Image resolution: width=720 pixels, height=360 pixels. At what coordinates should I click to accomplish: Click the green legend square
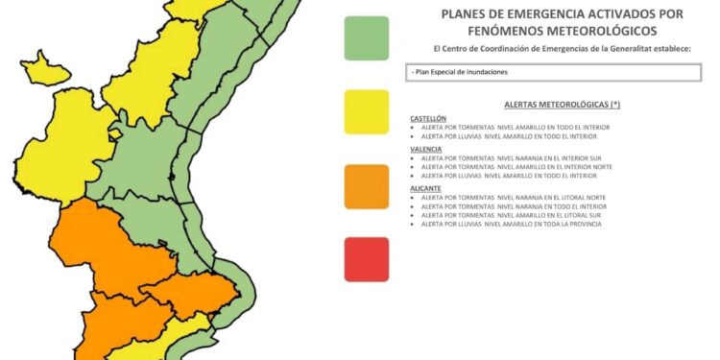(x=367, y=38)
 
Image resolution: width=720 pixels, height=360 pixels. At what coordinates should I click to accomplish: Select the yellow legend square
(x=367, y=112)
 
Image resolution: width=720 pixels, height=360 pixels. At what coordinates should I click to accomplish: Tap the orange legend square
(x=367, y=186)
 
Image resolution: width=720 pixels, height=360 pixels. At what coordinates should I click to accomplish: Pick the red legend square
(x=367, y=259)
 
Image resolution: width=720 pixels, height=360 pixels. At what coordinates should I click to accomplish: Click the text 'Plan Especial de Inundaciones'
(x=459, y=72)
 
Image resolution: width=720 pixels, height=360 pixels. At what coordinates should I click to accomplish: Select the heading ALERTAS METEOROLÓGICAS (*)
(x=562, y=103)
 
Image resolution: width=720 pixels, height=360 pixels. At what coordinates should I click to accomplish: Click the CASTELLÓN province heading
(x=428, y=117)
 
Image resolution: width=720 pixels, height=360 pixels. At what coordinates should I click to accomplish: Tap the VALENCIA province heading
(x=425, y=150)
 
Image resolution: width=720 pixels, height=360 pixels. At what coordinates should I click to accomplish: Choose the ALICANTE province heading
(x=425, y=188)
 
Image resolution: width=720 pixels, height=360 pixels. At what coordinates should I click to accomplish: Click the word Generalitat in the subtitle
(x=617, y=48)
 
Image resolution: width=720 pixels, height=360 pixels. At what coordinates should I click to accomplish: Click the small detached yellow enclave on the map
(x=45, y=70)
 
